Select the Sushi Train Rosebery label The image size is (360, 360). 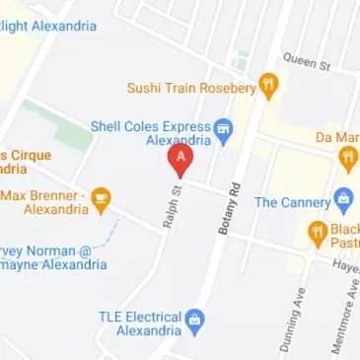coord(190,88)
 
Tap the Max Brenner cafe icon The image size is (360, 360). coord(101,202)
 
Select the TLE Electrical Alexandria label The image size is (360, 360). coord(140,324)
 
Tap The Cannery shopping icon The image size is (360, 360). coord(344,200)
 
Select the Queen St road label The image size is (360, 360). coord(306,61)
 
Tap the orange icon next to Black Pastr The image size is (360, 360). coord(318,234)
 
